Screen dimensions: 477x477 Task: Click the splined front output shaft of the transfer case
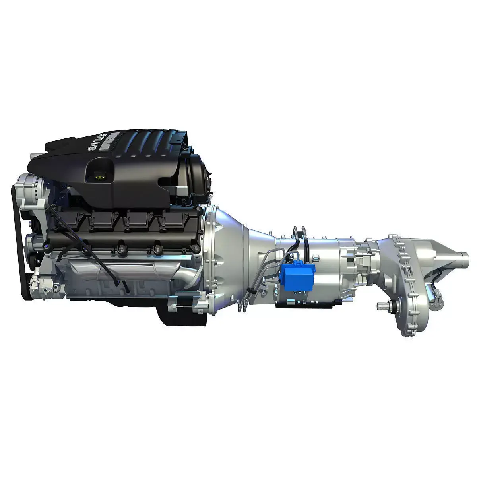pos(384,306)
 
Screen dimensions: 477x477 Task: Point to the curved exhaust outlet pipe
pos(187,274)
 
